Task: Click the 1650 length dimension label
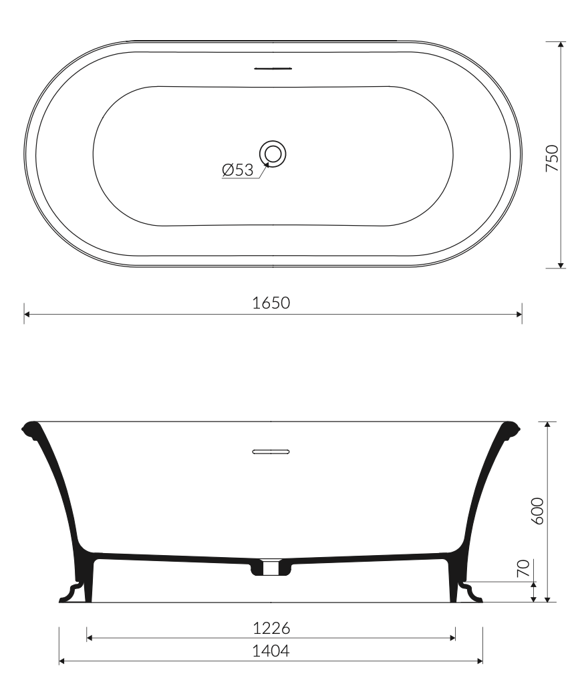pyautogui.click(x=271, y=303)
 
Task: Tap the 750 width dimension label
pyautogui.click(x=552, y=158)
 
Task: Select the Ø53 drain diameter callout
pyautogui.click(x=238, y=170)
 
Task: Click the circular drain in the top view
pyautogui.click(x=273, y=154)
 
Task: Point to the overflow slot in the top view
pyautogui.click(x=273, y=68)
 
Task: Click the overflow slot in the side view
pyautogui.click(x=271, y=452)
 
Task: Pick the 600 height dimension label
pyautogui.click(x=537, y=511)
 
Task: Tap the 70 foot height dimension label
pyautogui.click(x=523, y=568)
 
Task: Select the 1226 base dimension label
pyautogui.click(x=271, y=629)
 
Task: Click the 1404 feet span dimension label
pyautogui.click(x=271, y=651)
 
